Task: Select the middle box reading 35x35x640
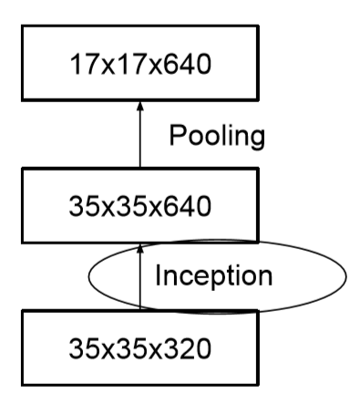point(140,204)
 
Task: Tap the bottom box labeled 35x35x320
point(140,347)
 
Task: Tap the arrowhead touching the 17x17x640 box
point(140,107)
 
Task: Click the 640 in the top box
point(187,66)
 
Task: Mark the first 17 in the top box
point(80,66)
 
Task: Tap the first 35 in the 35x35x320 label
point(80,348)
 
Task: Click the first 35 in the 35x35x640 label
point(80,205)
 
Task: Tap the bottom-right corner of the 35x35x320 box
point(258,383)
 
